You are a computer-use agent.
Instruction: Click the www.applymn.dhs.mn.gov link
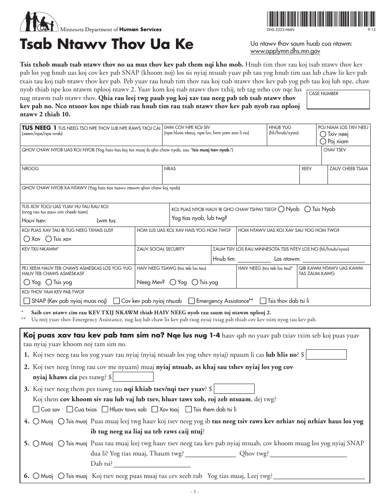[x=285, y=51]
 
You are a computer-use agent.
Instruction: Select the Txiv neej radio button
[x=323, y=134]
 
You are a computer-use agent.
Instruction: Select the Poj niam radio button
[x=323, y=141]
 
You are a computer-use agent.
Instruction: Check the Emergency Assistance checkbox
[x=191, y=301]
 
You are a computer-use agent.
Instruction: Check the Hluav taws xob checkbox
[x=105, y=409]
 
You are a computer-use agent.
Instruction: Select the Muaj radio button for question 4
[x=36, y=421]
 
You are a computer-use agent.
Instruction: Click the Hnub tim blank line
[x=253, y=259]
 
